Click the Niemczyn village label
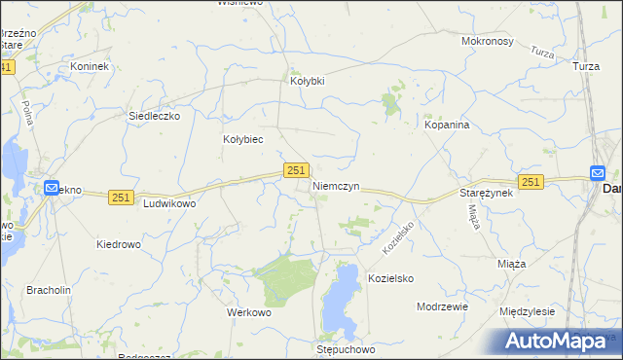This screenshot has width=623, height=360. coord(337,185)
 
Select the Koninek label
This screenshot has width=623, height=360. coord(90,66)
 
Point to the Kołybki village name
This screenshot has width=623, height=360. coord(308,81)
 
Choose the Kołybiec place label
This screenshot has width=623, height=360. coord(243,139)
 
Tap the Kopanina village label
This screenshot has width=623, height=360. coord(448,126)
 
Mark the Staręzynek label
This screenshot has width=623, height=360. coord(486,194)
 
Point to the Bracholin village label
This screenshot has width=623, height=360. coord(49,290)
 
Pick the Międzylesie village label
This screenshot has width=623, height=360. coord(527,311)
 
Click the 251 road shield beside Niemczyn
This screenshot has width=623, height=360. coord(297,170)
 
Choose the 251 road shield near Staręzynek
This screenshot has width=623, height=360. coord(531,182)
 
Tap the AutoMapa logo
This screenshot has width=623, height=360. coord(555,342)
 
